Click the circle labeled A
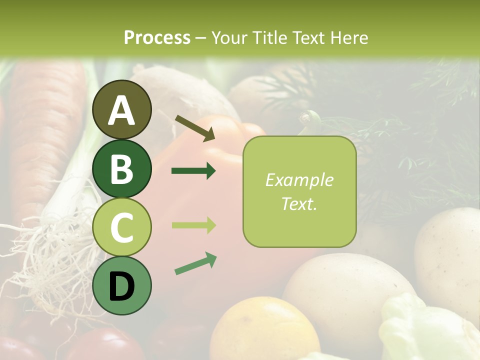[x=121, y=109]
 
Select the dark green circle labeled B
[x=121, y=168]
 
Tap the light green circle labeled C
[x=121, y=227]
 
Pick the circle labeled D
[x=121, y=285]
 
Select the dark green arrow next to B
[x=193, y=171]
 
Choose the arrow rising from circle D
[x=195, y=263]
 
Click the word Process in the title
[x=157, y=37]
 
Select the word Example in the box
[x=299, y=180]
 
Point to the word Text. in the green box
[x=299, y=203]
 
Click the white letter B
[x=121, y=168]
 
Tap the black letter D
[x=121, y=286]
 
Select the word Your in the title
[x=229, y=37]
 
